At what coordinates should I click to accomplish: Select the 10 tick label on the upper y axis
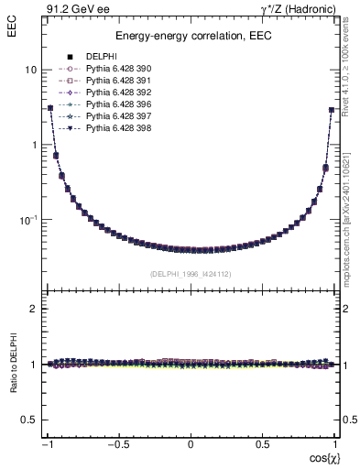(30, 70)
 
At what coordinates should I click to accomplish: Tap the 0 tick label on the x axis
(191, 444)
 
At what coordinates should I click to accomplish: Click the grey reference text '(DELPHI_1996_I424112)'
(190, 272)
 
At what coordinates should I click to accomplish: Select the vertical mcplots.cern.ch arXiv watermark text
(352, 220)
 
